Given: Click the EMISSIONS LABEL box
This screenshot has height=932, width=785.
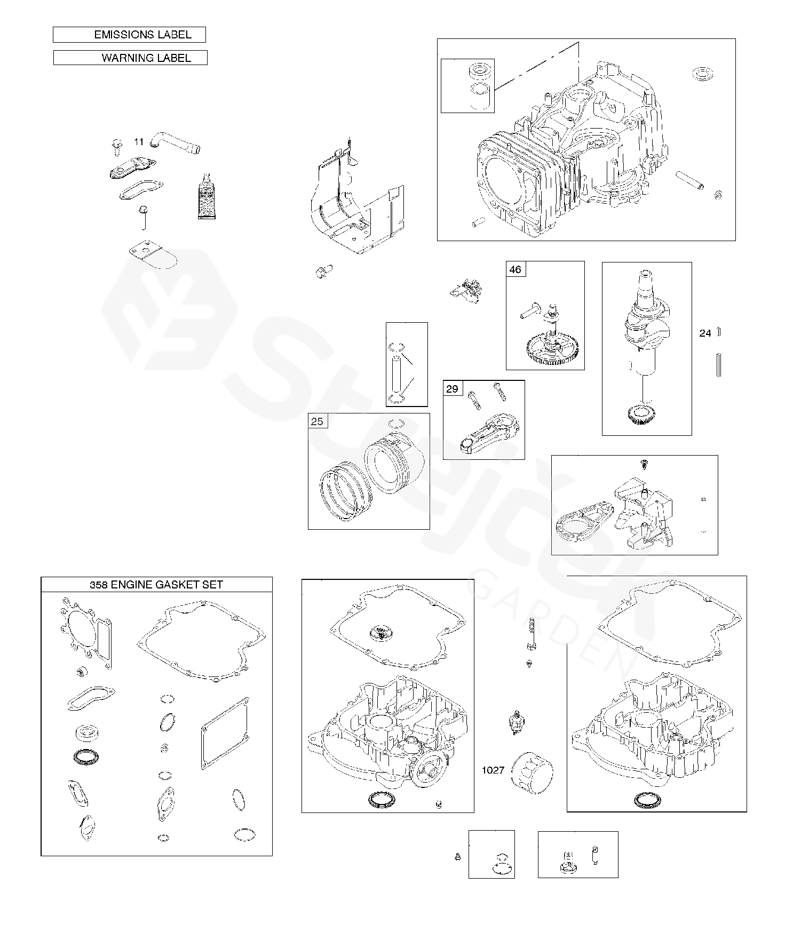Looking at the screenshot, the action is pos(129,35).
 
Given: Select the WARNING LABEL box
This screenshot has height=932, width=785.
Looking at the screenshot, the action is pos(130,58).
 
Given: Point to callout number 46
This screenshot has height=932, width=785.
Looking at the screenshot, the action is pos(516,269).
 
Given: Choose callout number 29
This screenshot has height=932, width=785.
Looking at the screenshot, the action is pos(452,388).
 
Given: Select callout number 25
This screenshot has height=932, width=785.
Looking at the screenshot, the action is pos(317,421).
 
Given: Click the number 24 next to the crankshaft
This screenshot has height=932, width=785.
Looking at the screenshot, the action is pos(705,333).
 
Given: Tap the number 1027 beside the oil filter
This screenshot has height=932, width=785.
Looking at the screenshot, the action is pos(493,770).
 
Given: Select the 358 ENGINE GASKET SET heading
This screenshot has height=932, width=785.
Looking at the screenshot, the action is pos(156,585).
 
